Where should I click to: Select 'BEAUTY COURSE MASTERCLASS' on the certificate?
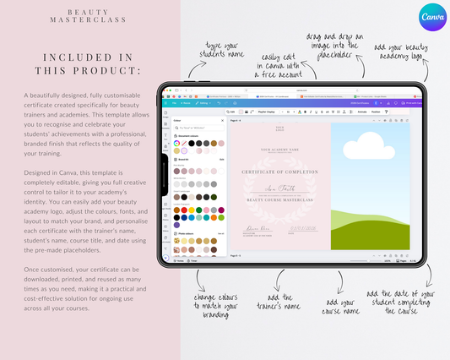coord(279,200)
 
